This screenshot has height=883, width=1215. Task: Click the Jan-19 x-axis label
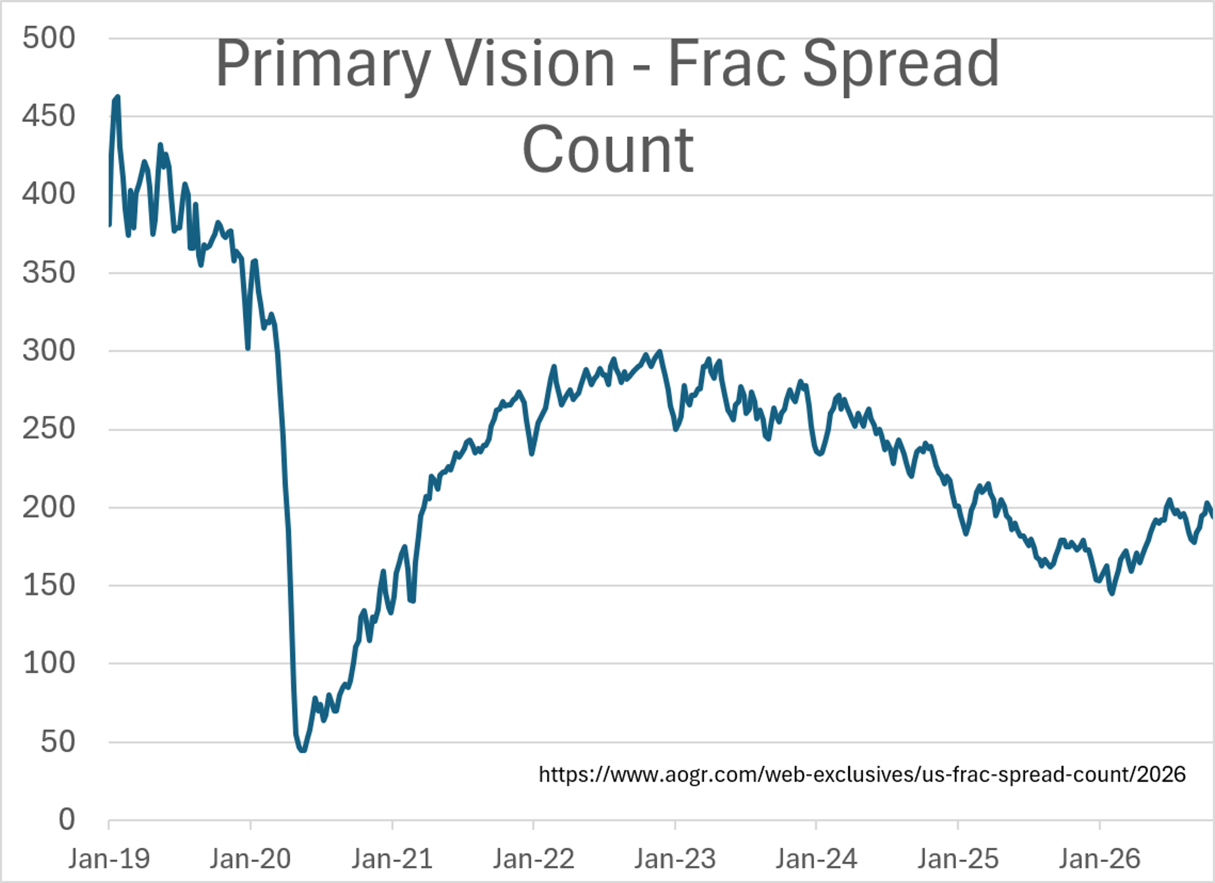109,859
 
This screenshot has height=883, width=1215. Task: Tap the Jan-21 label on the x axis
392,859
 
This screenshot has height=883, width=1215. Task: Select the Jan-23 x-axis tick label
675,859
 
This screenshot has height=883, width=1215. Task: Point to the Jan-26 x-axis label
1099,859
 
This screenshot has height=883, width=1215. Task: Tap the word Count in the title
608,150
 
